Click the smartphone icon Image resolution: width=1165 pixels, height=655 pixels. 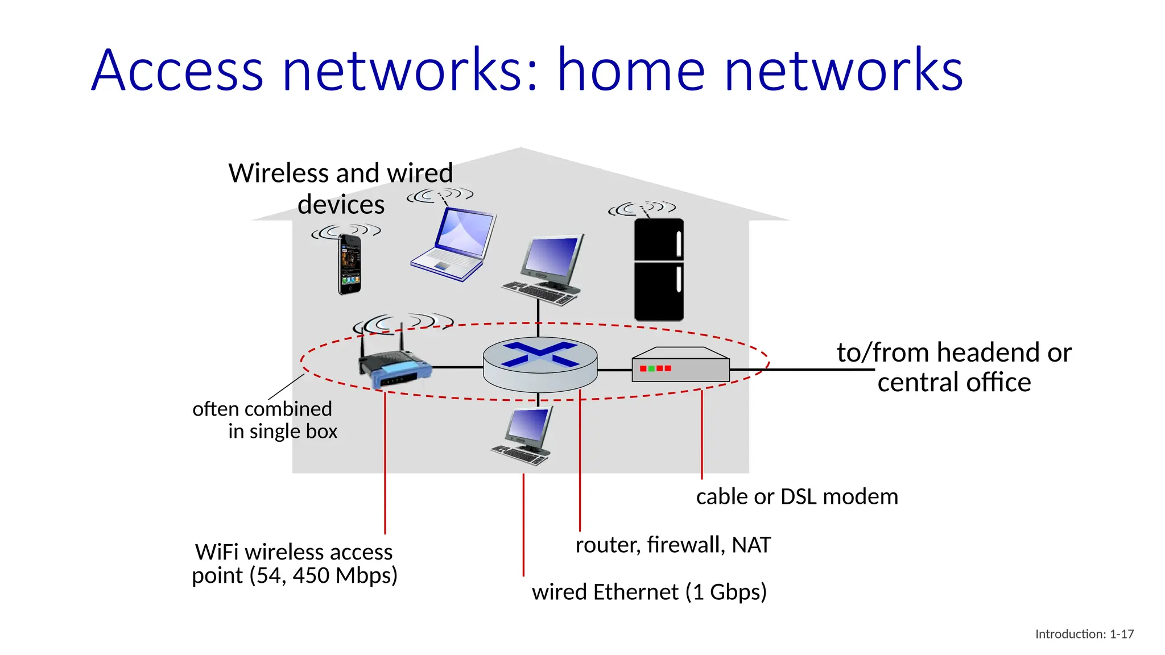349,264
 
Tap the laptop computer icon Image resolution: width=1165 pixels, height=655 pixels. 455,244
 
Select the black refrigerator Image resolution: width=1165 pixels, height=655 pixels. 659,270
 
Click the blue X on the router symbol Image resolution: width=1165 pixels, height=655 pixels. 539,354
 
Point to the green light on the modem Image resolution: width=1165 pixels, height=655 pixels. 651,368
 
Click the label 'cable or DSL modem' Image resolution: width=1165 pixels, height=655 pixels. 796,497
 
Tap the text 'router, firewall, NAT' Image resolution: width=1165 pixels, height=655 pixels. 673,545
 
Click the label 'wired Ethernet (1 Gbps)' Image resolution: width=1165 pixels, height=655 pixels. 649,592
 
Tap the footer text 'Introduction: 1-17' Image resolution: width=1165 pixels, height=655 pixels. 1084,634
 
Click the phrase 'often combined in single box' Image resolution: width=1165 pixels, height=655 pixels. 265,420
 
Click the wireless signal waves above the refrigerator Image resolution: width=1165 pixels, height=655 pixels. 642,209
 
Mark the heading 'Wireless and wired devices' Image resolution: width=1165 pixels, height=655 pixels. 341,188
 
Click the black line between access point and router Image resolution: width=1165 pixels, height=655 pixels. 458,367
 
